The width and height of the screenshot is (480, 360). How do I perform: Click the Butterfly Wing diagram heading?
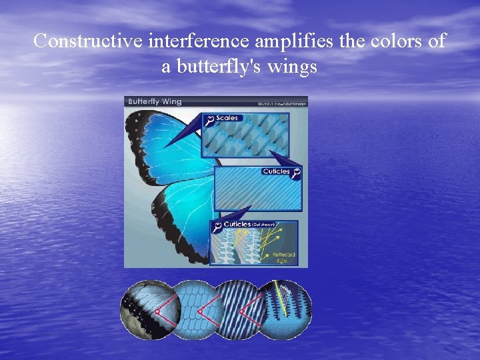click(154, 102)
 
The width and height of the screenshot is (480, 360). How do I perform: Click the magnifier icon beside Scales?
click(209, 119)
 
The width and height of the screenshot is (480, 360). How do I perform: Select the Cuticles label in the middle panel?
click(276, 171)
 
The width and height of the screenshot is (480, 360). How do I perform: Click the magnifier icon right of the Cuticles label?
click(296, 171)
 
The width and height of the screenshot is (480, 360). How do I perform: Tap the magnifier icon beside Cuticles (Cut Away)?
click(217, 227)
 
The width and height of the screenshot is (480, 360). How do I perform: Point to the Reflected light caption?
click(283, 257)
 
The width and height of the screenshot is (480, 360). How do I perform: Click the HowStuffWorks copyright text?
click(281, 103)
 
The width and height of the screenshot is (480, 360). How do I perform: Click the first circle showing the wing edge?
click(143, 310)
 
